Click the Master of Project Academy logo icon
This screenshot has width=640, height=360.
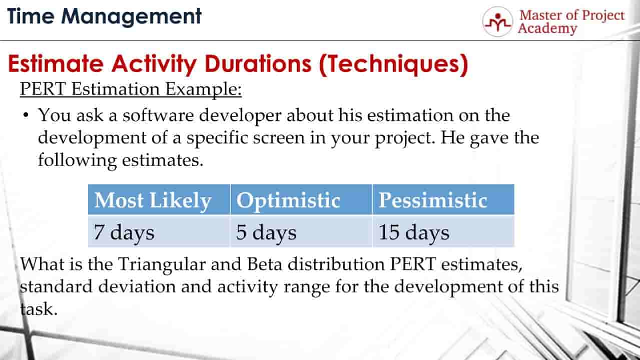497,22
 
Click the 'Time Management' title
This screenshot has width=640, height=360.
105,17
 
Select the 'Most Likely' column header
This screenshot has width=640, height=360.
153,200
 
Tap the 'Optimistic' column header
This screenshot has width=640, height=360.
288,200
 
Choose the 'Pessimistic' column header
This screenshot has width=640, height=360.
432,200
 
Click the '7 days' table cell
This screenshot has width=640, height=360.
124,233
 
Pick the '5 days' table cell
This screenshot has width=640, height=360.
266,233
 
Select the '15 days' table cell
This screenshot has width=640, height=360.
413,233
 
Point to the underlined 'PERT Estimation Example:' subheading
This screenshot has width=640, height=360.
131,90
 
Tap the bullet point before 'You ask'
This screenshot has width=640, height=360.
25,116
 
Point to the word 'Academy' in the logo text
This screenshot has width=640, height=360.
547,29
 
